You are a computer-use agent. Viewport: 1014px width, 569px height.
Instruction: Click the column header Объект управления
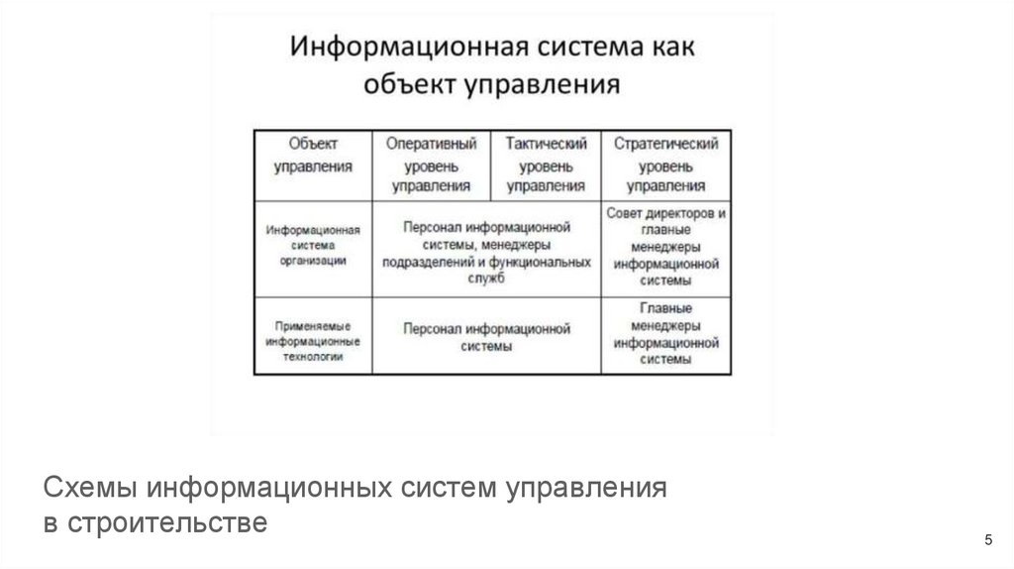click(x=313, y=155)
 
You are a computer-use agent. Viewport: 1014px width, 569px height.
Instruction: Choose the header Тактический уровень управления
click(x=546, y=164)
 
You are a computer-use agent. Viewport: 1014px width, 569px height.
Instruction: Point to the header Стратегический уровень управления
click(x=665, y=164)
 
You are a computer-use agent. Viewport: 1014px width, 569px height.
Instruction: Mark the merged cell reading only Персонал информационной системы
click(x=486, y=337)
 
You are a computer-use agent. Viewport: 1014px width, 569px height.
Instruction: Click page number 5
click(x=987, y=539)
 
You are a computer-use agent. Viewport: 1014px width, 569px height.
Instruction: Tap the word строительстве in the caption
click(x=169, y=522)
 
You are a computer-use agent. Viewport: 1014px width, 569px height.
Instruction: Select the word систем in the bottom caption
click(x=450, y=489)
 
